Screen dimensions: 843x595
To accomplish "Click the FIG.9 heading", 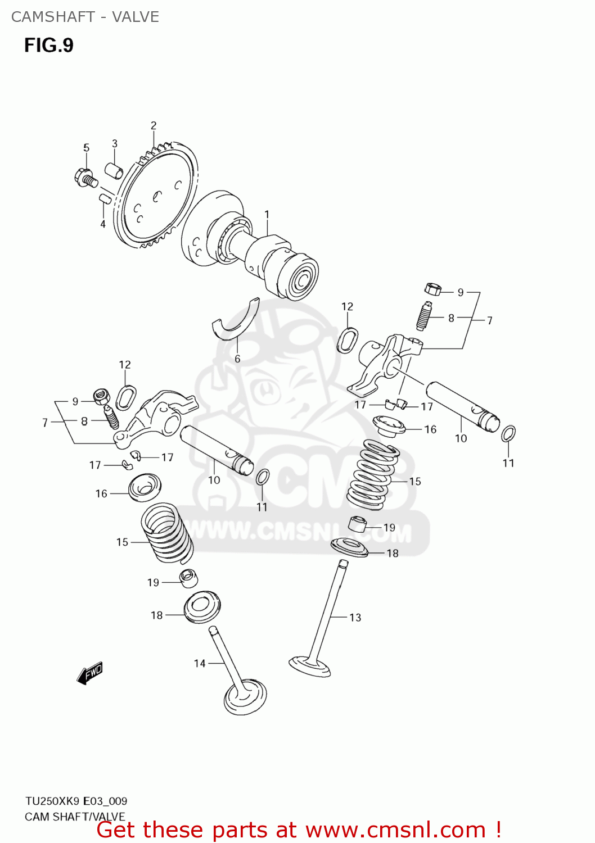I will (49, 46).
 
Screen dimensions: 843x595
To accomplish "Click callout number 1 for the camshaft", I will (267, 215).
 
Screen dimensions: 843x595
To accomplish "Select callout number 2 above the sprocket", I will (153, 126).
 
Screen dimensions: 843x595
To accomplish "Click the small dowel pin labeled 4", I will (103, 198).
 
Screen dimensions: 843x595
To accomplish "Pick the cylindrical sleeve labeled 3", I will (114, 170).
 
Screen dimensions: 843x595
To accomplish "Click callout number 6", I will (237, 359).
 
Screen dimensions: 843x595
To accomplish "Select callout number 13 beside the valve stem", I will (355, 618).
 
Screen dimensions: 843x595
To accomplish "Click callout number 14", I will (200, 663).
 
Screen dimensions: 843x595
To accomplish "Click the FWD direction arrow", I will (90, 672).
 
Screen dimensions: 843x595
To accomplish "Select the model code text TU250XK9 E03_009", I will (76, 801).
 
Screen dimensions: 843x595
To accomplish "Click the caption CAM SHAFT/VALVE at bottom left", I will (75, 817).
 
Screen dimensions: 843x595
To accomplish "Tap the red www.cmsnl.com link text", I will (395, 830).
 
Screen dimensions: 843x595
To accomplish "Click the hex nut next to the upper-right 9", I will (432, 289).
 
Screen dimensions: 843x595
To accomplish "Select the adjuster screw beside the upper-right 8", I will (424, 317).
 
